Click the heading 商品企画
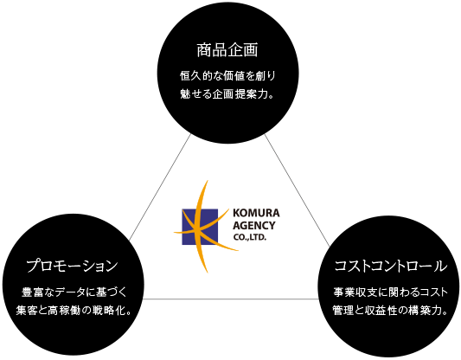pyautogui.click(x=227, y=49)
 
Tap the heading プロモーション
pyautogui.click(x=72, y=266)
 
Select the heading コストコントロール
pyautogui.click(x=391, y=266)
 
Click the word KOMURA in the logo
pyautogui.click(x=256, y=213)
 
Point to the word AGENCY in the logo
pyautogui.click(x=254, y=225)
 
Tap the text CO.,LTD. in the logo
pyautogui.click(x=250, y=237)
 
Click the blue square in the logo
pyautogui.click(x=200, y=227)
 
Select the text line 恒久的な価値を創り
pyautogui.click(x=227, y=76)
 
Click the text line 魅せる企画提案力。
pyautogui.click(x=227, y=94)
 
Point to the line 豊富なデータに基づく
pyautogui.click(x=74, y=292)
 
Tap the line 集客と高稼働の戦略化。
pyautogui.click(x=74, y=311)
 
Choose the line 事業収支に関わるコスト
pyautogui.click(x=390, y=292)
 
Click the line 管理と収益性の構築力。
pyautogui.click(x=390, y=311)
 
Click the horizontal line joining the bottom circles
pyautogui.click(x=231, y=299)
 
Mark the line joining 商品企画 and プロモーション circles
pyautogui.click(x=160, y=187)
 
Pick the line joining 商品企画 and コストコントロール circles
pyautogui.click(x=298, y=190)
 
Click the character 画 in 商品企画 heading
pyautogui.click(x=251, y=49)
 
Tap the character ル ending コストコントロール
pyautogui.click(x=440, y=266)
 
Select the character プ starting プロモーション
pyautogui.click(x=34, y=266)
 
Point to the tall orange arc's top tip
pyautogui.click(x=208, y=180)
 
